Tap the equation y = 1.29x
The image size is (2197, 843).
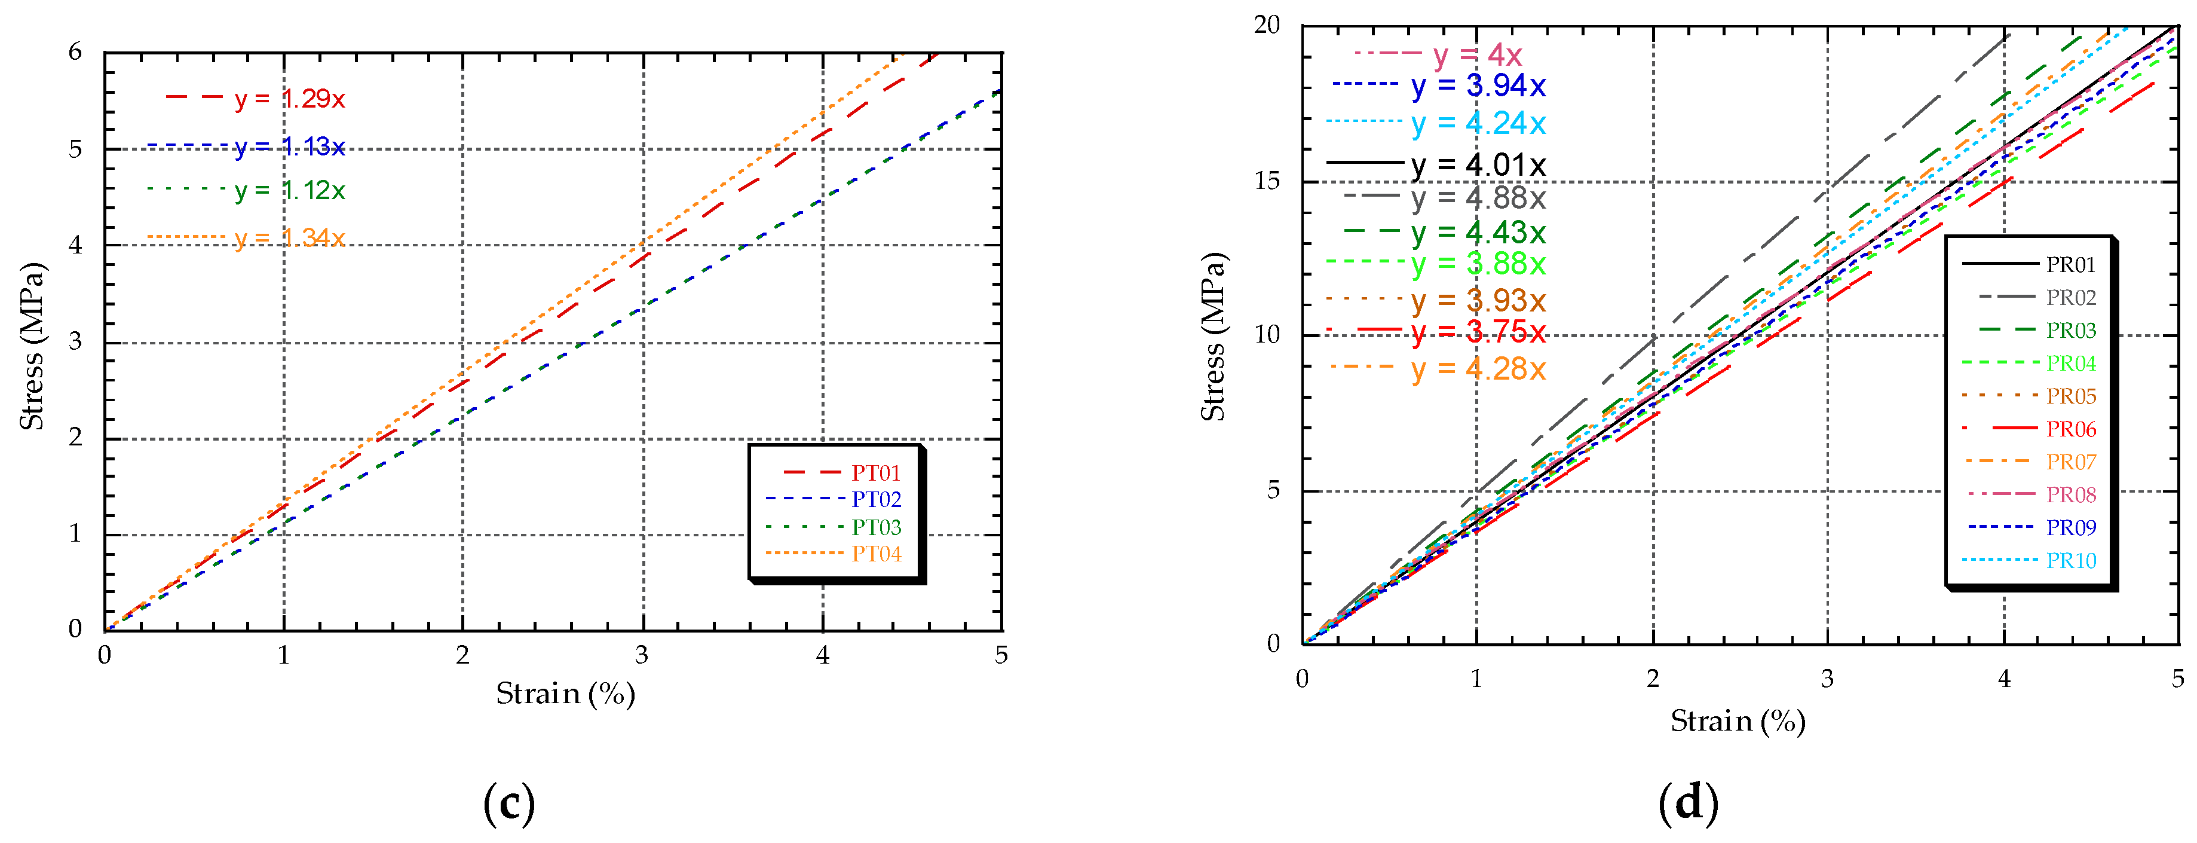coord(289,99)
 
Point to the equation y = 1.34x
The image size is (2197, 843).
coord(289,237)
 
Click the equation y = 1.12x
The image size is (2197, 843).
coord(289,190)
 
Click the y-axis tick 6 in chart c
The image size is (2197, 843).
coord(76,52)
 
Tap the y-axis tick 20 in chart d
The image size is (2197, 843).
coord(1267,26)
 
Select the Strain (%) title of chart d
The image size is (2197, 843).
coord(1738,721)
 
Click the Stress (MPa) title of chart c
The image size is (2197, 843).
coord(32,346)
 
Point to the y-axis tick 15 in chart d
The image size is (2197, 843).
coord(1267,181)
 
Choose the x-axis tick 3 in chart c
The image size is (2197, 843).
coord(641,655)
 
